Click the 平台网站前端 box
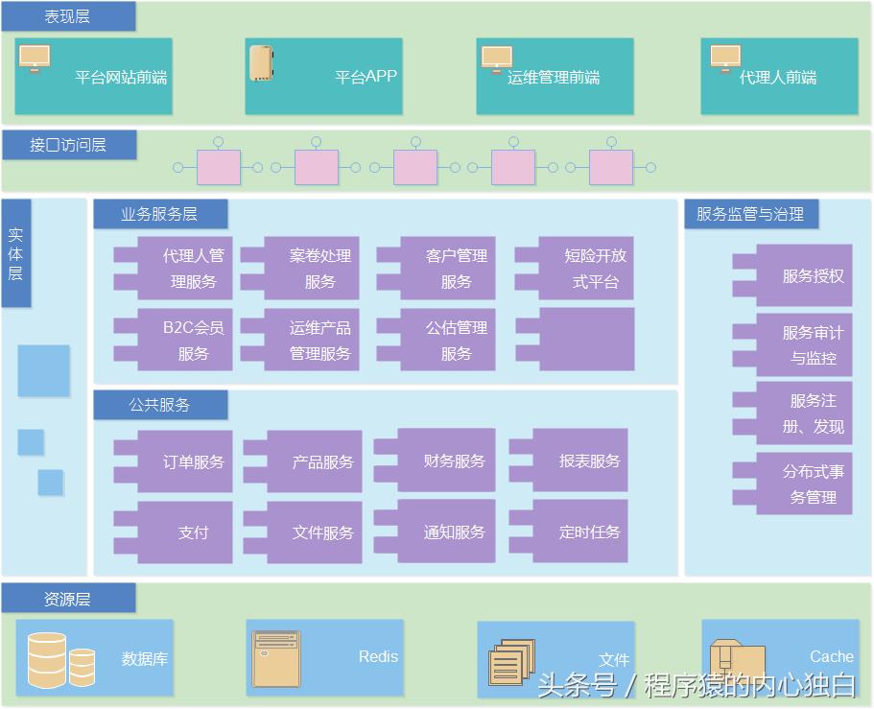tap(93, 77)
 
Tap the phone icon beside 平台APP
tap(261, 63)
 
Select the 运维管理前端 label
tap(554, 78)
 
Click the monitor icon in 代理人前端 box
tap(725, 59)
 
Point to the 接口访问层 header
tap(68, 145)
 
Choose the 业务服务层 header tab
tap(159, 214)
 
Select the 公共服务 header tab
tap(159, 405)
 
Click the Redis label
tap(378, 657)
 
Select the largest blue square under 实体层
tap(43, 370)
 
